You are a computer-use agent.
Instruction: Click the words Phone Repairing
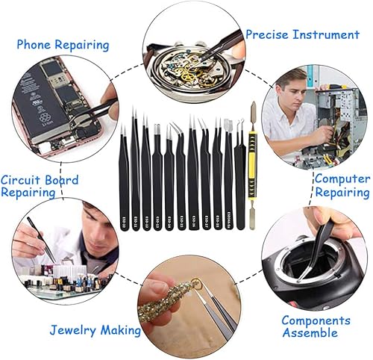[63, 45]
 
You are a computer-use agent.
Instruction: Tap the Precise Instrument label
[302, 34]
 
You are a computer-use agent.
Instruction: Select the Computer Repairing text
[342, 185]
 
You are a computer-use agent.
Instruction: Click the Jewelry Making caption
[95, 329]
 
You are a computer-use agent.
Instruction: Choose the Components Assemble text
[316, 326]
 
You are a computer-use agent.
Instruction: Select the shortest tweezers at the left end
[124, 179]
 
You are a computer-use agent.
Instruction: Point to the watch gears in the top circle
[184, 60]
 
